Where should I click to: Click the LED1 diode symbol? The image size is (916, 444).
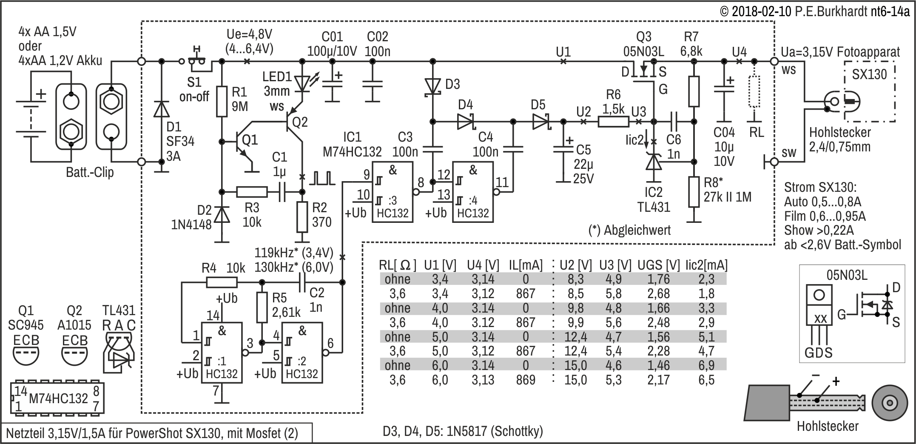[302, 83]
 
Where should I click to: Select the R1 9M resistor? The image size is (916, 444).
[222, 102]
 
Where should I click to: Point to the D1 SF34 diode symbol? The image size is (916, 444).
[161, 109]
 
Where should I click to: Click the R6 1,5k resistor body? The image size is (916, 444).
[613, 122]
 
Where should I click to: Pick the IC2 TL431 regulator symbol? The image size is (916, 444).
[654, 162]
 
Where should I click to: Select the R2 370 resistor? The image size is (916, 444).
[302, 217]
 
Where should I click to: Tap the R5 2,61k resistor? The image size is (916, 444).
[262, 307]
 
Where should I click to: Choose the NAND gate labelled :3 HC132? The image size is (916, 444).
[393, 192]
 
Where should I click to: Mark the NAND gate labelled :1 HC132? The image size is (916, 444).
[222, 353]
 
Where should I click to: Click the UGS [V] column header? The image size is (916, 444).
[659, 265]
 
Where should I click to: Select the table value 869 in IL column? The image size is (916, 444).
[526, 379]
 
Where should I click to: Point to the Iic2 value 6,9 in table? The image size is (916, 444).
[706, 365]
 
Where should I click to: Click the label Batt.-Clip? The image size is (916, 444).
[90, 173]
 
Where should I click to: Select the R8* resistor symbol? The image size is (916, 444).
[694, 192]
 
